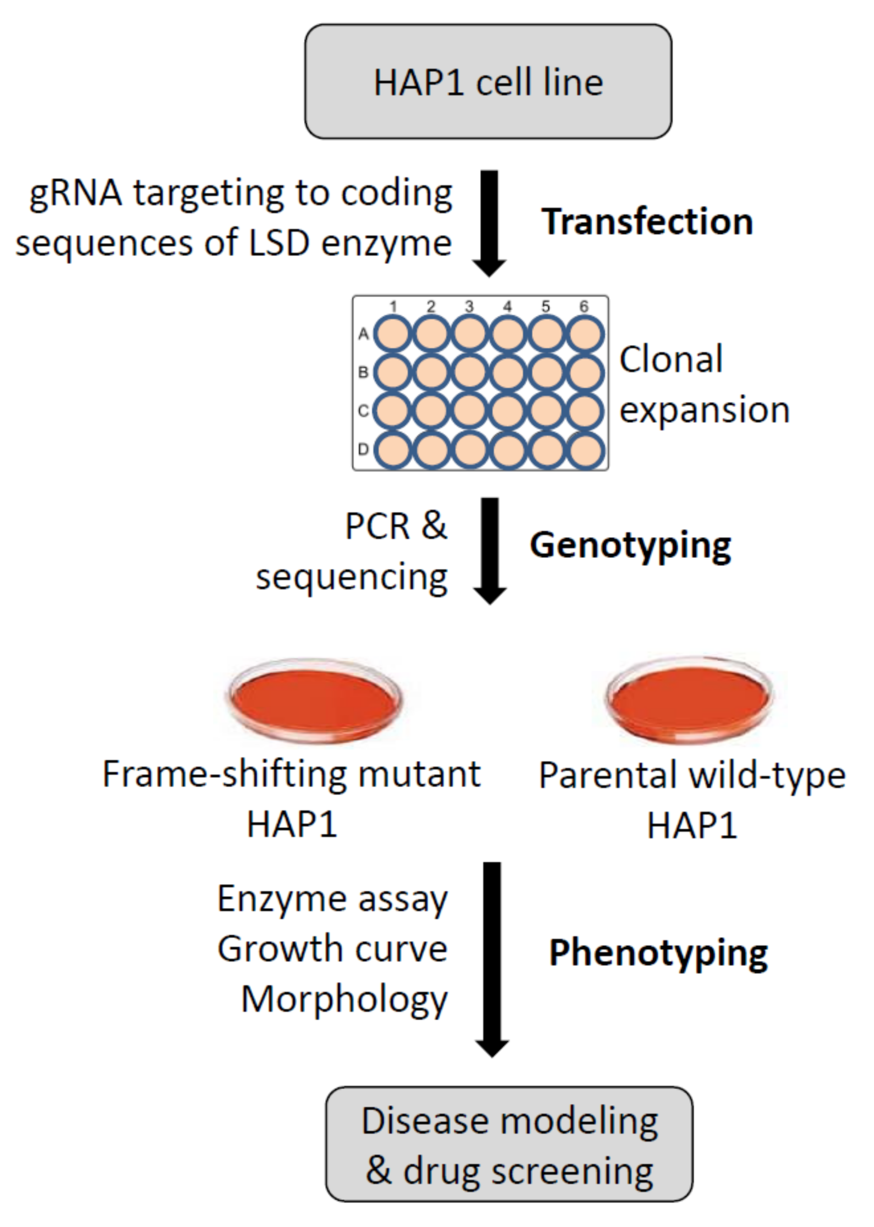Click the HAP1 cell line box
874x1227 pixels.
tap(488, 81)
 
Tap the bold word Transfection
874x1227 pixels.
tap(647, 222)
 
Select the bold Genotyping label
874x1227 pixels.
tap(630, 545)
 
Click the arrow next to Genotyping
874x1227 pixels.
tap(489, 549)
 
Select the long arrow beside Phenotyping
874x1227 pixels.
tap(492, 954)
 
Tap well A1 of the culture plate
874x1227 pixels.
tap(393, 333)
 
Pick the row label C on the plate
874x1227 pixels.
tap(363, 410)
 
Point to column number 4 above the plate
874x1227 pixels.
tap(507, 306)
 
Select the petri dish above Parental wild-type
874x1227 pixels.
tap(689, 697)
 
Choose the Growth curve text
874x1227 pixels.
tap(332, 949)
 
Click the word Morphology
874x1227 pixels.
tap(344, 999)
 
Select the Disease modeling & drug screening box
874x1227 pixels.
tap(509, 1144)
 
